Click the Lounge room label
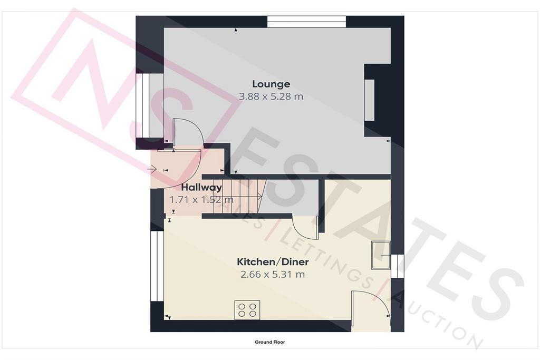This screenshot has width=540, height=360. tap(271, 84)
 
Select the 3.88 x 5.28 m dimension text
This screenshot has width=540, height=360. tap(271, 96)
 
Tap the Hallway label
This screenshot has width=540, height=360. tap(201, 188)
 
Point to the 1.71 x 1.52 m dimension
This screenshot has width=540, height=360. tap(201, 200)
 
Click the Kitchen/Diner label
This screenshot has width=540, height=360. tap(273, 262)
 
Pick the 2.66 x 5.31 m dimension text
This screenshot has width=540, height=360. tap(273, 275)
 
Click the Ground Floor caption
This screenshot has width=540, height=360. tap(270, 342)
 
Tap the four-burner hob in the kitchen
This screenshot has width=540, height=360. tap(247, 310)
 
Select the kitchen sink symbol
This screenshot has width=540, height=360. tap(381, 255)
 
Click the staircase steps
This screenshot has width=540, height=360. tap(238, 196)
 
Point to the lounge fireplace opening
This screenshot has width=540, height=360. tap(370, 100)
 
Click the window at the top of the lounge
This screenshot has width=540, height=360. tap(306, 22)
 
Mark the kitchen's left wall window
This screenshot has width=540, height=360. tap(157, 266)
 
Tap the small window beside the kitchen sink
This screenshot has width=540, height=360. tap(398, 266)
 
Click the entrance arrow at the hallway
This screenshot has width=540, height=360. tap(151, 169)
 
